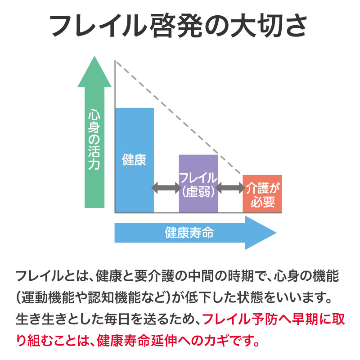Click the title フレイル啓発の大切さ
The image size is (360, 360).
(178, 26)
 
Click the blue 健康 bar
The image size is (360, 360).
(135, 160)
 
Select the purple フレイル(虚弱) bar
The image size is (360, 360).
(198, 184)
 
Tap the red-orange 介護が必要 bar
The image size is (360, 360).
(262, 194)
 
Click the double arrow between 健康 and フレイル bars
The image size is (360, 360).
(166, 188)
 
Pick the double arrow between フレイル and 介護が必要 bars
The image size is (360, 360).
(230, 188)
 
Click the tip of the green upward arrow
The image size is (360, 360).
(94, 57)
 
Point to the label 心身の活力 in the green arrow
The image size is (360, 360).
(94, 139)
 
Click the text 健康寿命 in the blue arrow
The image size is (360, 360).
(189, 233)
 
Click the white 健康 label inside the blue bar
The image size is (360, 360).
(134, 160)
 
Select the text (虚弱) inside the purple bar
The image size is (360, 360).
(198, 191)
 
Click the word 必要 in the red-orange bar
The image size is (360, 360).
(263, 202)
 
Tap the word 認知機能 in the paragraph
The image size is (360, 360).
(114, 297)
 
